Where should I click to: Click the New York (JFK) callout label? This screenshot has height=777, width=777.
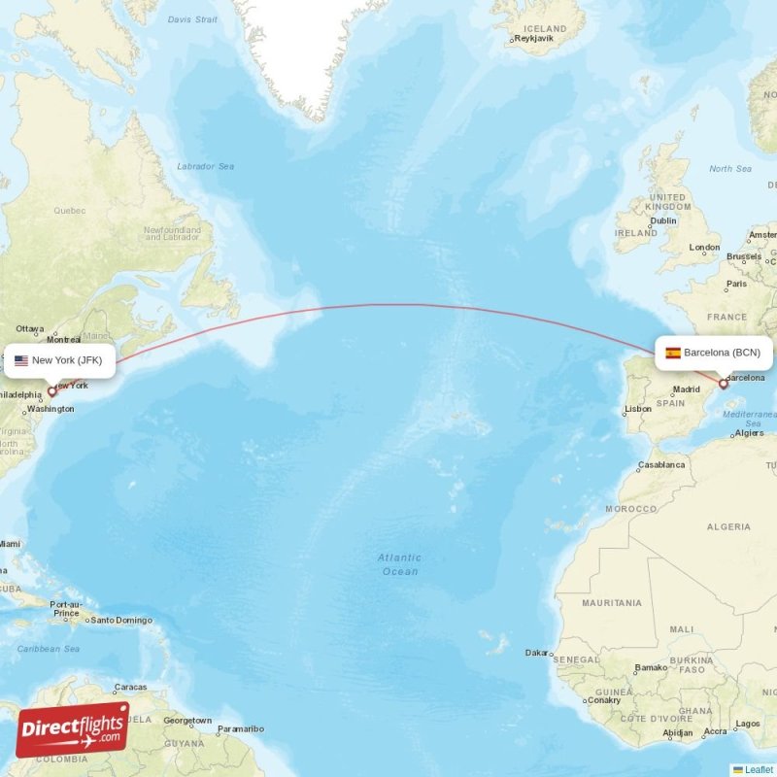60,360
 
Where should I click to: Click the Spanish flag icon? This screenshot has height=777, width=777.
673,353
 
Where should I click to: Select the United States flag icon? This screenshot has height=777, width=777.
21,360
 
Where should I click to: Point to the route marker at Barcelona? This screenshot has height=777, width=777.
724,385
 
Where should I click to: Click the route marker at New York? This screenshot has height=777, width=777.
52,392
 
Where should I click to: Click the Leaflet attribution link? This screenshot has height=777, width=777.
759,769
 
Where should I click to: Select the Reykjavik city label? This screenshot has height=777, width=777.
532,39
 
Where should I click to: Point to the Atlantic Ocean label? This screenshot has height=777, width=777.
400,564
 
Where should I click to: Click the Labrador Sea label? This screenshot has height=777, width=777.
205,166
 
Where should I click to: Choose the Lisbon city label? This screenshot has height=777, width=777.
638,409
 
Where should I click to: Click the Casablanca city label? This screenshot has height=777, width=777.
661,465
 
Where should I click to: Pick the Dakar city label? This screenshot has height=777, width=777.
536,653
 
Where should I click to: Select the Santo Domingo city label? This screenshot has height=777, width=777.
120,620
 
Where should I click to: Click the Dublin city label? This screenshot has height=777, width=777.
663,220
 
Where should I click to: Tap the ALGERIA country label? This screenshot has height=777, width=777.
727,526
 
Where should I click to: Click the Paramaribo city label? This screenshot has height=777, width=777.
240,728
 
